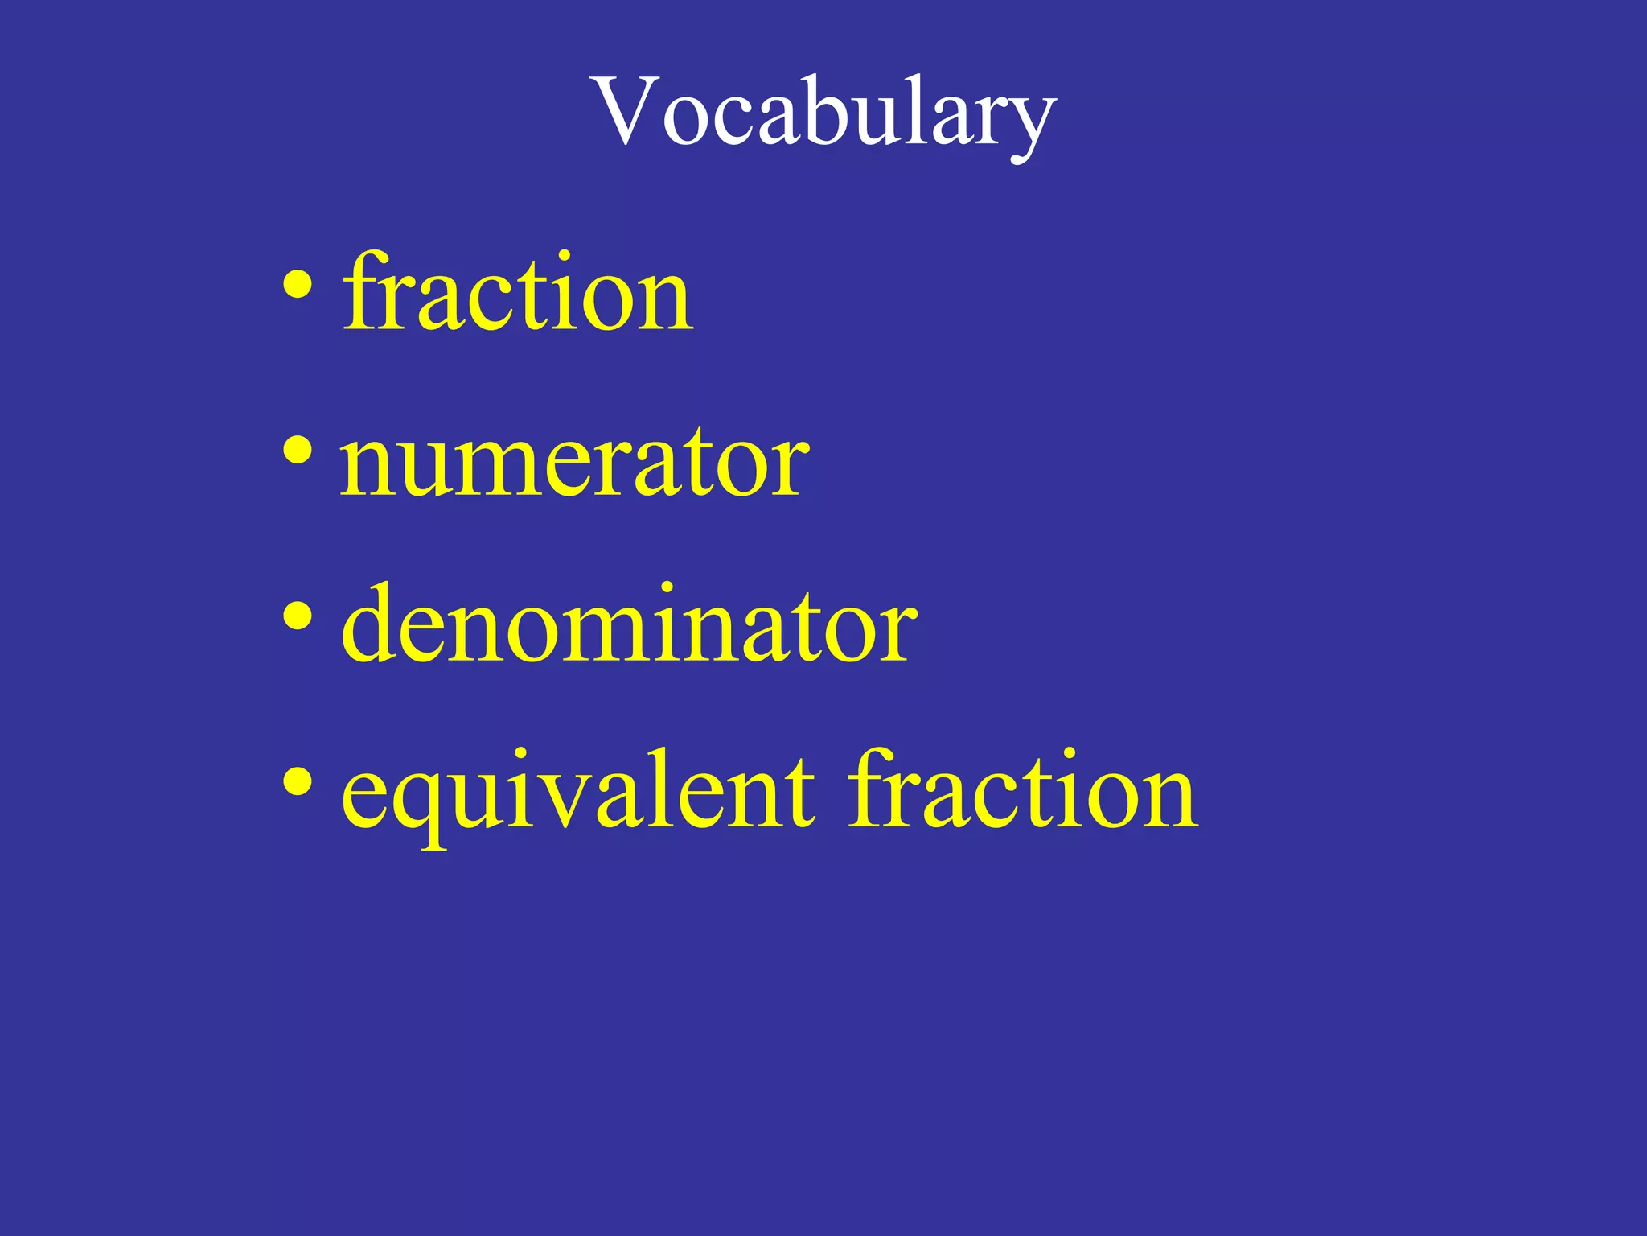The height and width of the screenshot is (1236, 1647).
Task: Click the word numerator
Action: (x=574, y=462)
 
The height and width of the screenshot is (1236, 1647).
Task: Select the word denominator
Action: (x=629, y=624)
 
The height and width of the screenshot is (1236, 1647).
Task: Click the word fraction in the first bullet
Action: (x=516, y=293)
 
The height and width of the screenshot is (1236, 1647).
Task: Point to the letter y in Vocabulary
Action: (x=1033, y=126)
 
